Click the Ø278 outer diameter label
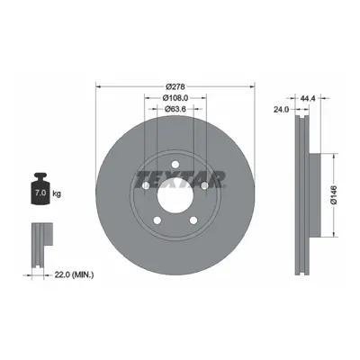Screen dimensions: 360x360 click(175, 86)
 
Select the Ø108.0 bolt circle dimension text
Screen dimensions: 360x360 click(175, 98)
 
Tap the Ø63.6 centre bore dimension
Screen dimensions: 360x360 click(175, 109)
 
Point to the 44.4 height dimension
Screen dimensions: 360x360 click(308, 98)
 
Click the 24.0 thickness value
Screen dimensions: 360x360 click(281, 110)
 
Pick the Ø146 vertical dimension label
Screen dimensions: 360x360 click(334, 195)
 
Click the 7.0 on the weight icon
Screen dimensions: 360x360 click(40, 193)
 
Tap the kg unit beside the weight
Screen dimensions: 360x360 click(57, 193)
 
